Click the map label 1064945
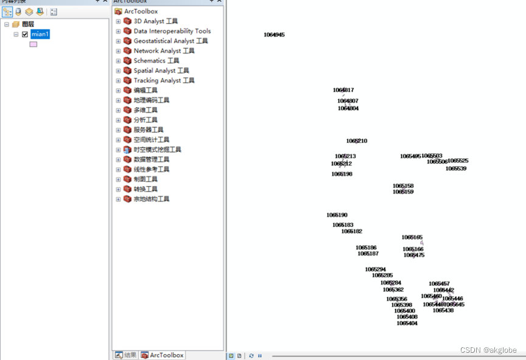pos(274,35)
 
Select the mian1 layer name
pos(40,35)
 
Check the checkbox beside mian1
pos(25,35)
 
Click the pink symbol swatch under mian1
pos(33,44)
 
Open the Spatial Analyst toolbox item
pos(161,71)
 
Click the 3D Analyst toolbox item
pos(156,21)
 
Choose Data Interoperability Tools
pos(172,31)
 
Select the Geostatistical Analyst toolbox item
pos(170,41)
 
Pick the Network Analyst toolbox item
pos(164,51)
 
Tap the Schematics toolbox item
pos(156,61)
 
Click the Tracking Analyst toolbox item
pos(164,80)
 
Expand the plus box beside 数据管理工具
pos(118,159)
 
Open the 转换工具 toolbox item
pos(145,189)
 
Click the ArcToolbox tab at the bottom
pos(162,355)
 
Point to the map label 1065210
pos(356,141)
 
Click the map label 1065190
pos(337,215)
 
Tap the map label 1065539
pos(455,168)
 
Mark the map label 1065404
pos(407,324)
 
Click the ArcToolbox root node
pos(140,11)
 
